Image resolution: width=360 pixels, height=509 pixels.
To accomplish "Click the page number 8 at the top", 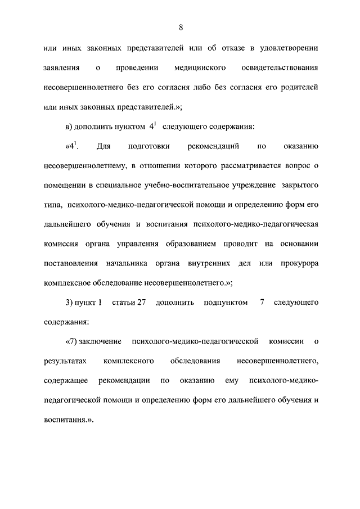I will pos(181,26).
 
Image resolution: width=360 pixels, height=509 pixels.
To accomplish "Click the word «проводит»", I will pos(240,244).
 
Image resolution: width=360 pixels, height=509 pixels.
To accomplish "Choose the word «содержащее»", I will pos(65,381).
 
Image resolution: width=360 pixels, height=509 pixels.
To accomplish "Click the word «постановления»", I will pos(70,263).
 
